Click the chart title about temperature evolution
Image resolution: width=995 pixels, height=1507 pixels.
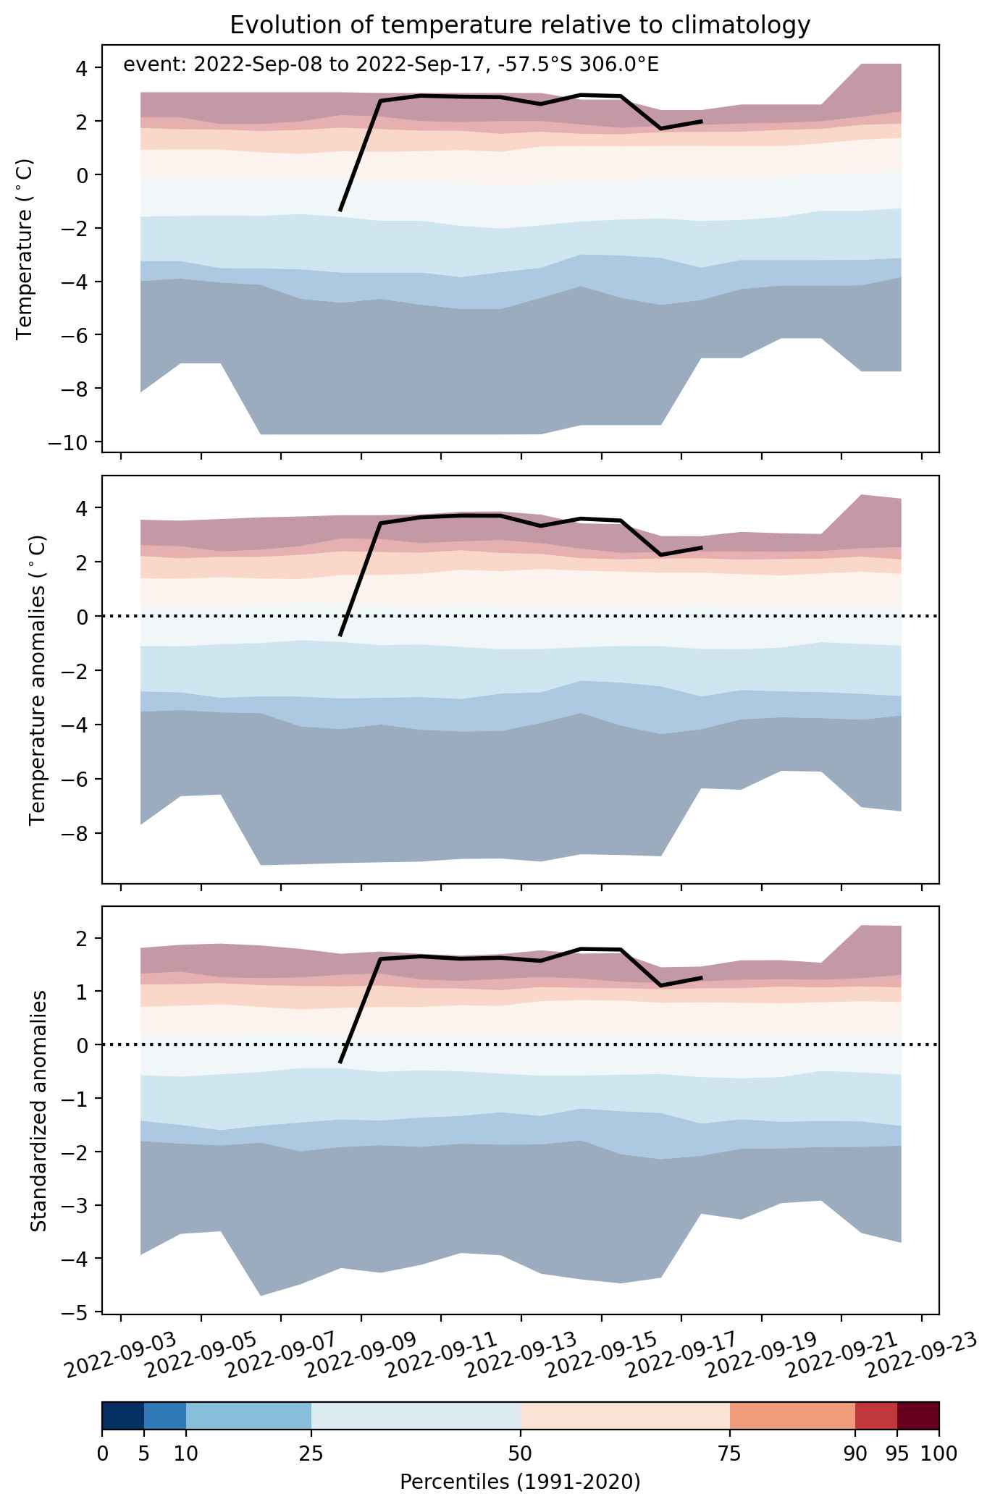point(520,25)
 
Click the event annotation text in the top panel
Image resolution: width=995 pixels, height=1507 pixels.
point(391,65)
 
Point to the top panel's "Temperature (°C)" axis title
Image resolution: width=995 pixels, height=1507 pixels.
point(25,248)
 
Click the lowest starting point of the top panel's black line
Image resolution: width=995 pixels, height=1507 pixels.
point(340,211)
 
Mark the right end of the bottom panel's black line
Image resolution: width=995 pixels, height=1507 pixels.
point(702,978)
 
